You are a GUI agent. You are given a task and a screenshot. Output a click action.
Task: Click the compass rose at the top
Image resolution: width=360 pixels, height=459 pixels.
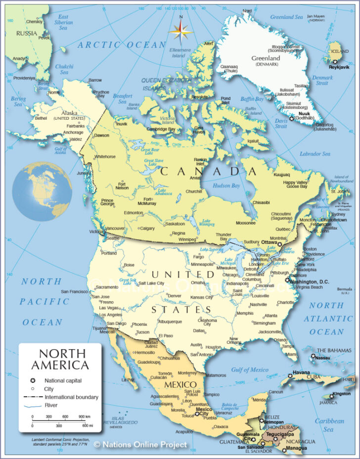pos(180,31)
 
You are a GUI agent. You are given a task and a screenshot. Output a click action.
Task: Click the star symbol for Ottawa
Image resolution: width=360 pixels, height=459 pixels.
pos(279,244)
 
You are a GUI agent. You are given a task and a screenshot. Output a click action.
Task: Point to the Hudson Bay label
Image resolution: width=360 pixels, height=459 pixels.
pos(226,186)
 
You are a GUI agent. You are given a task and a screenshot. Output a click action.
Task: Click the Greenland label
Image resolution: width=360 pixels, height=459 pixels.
pos(268,58)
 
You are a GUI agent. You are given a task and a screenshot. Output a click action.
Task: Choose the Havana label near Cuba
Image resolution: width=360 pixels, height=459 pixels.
pos(301,372)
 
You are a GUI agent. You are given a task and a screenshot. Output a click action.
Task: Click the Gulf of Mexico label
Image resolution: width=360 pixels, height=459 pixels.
pos(250,369)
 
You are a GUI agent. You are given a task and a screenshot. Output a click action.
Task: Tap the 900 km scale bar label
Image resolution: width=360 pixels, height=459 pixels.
pos(85,417)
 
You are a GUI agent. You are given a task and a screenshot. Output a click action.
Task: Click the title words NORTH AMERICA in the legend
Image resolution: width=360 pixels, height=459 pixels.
pos(60,360)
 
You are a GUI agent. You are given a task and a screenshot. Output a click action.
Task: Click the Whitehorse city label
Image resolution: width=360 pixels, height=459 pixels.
pos(105,156)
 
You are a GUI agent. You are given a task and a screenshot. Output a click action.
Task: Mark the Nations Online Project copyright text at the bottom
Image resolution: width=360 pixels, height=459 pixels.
pos(140,445)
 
